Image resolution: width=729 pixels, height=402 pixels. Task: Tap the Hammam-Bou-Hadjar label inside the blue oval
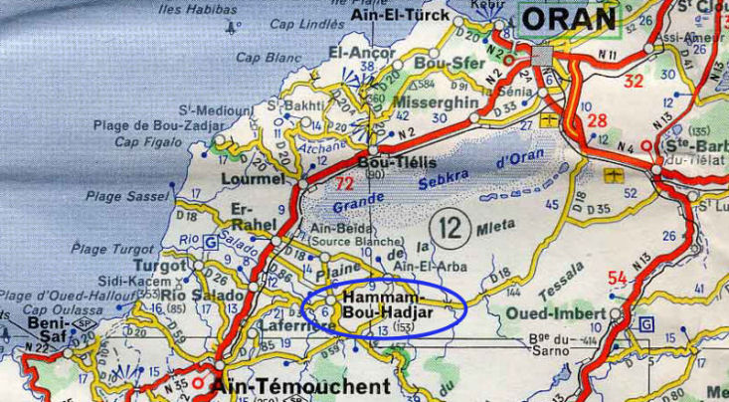[x=383, y=305]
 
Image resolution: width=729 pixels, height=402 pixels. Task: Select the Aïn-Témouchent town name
[x=291, y=385]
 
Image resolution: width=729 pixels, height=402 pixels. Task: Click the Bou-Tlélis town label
[x=386, y=162]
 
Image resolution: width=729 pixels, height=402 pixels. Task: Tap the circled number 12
[x=452, y=230]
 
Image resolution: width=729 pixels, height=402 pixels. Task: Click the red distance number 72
[x=345, y=183]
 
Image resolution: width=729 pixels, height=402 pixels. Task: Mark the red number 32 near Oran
[x=634, y=82]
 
